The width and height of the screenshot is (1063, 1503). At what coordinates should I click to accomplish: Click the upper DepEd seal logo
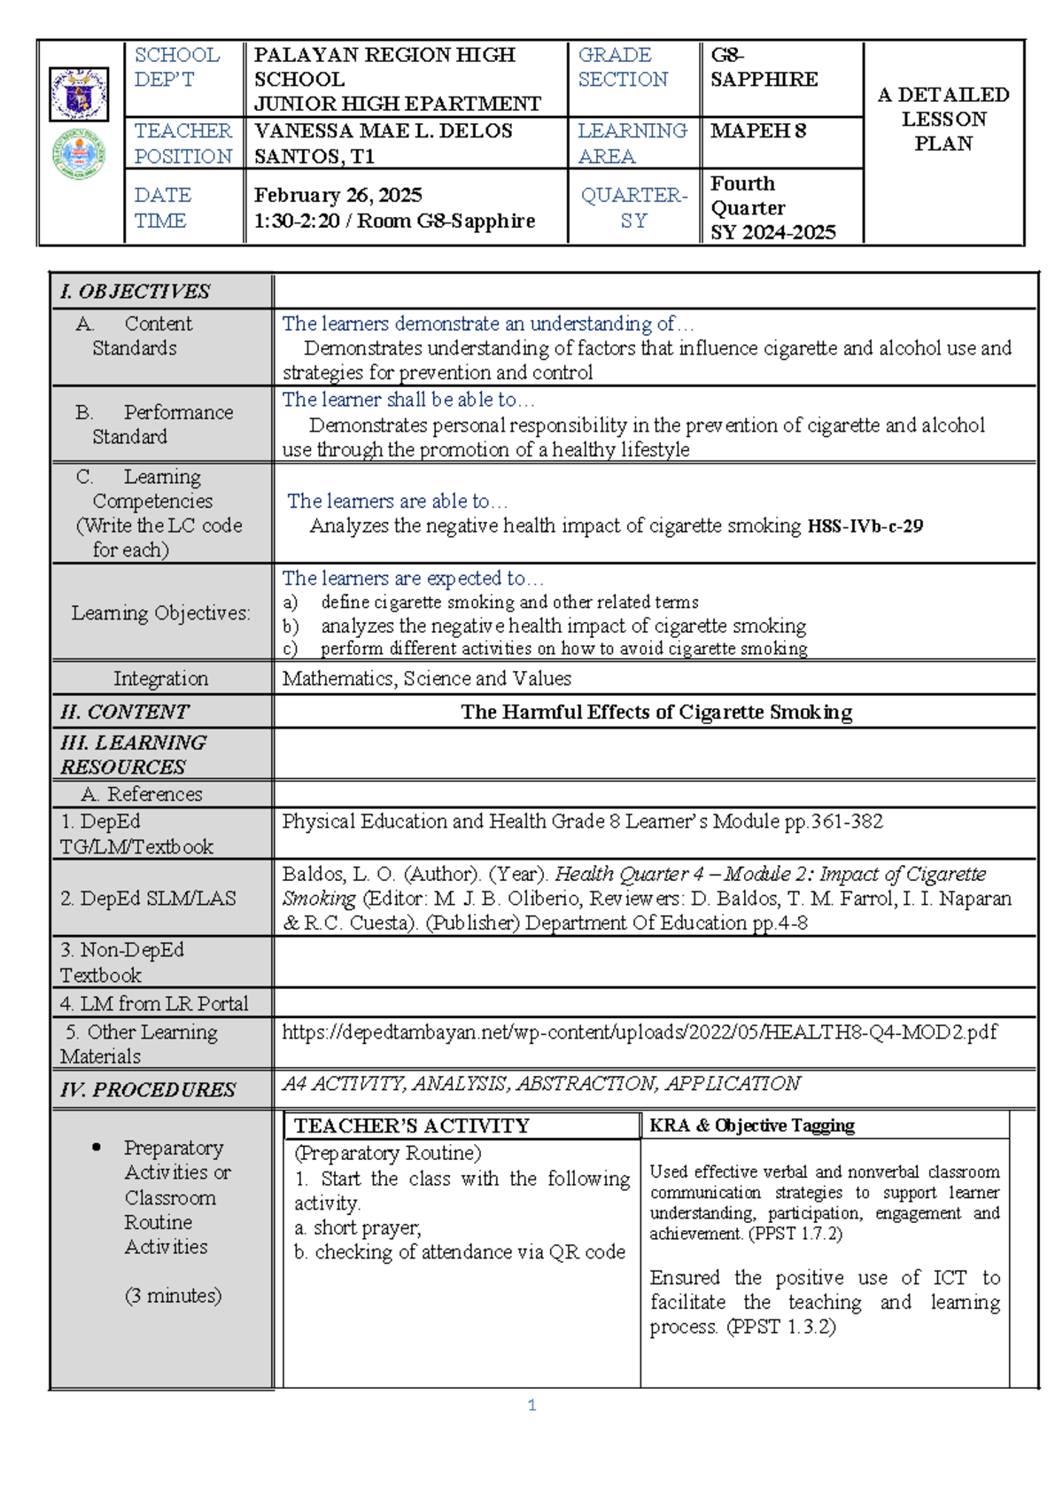[79, 94]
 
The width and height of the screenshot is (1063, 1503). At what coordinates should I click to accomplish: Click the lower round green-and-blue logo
[79, 154]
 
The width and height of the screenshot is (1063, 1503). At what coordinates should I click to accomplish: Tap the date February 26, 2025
[338, 195]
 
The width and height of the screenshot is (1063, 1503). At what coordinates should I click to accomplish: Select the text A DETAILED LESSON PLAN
[943, 119]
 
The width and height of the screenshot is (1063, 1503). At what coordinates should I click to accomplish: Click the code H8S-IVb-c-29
[865, 526]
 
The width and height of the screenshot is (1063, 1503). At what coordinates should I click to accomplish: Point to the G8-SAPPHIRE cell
[764, 67]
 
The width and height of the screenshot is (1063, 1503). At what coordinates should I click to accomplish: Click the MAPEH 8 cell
[758, 131]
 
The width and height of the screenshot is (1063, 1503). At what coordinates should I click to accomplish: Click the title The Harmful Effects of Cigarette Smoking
[656, 713]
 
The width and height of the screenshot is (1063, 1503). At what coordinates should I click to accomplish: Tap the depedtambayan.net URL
[639, 1032]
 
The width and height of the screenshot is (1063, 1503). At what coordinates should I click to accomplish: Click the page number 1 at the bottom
[531, 1406]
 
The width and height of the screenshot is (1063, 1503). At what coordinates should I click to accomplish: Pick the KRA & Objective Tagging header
[752, 1125]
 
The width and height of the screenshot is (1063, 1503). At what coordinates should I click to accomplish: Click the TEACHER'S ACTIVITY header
[412, 1126]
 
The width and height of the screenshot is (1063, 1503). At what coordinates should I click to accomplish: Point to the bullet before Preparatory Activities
[96, 1148]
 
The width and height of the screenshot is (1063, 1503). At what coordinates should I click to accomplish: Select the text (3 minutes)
[173, 1296]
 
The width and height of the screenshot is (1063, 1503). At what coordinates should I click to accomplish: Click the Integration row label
[160, 679]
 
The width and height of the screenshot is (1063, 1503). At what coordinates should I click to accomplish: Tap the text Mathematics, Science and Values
[426, 679]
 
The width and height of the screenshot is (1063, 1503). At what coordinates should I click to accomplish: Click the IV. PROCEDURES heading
[148, 1090]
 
